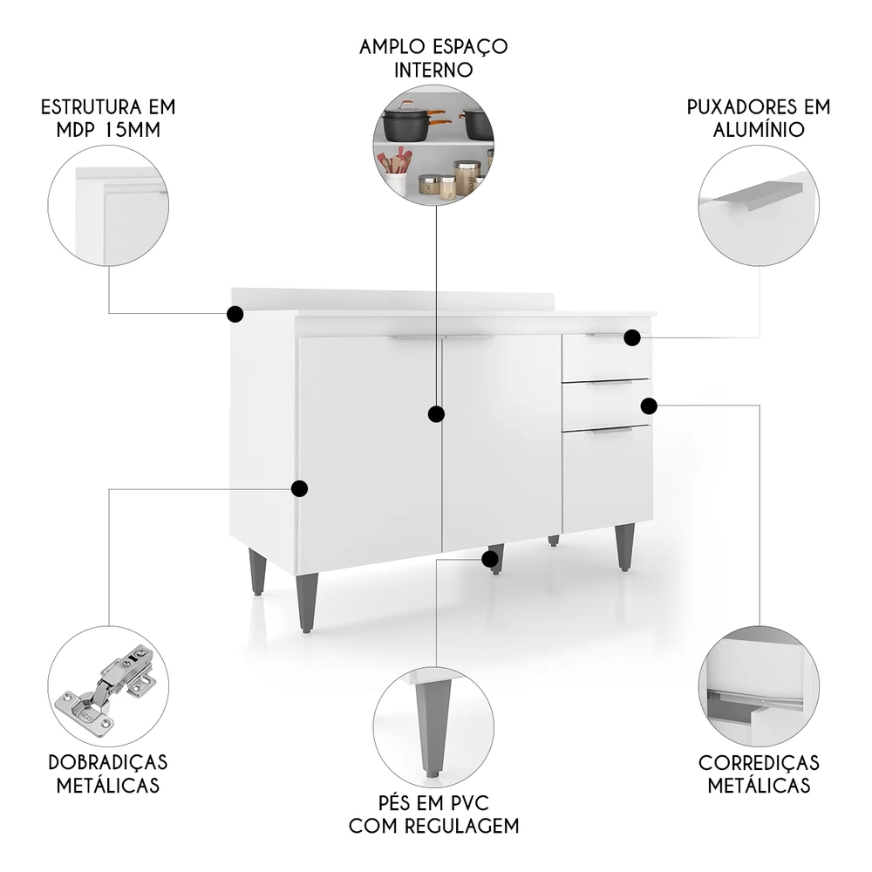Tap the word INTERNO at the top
(x=433, y=69)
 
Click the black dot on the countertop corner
(x=235, y=314)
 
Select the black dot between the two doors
(x=436, y=413)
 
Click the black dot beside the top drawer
(x=632, y=337)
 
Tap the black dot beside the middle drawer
(x=649, y=405)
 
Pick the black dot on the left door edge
(x=299, y=488)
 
